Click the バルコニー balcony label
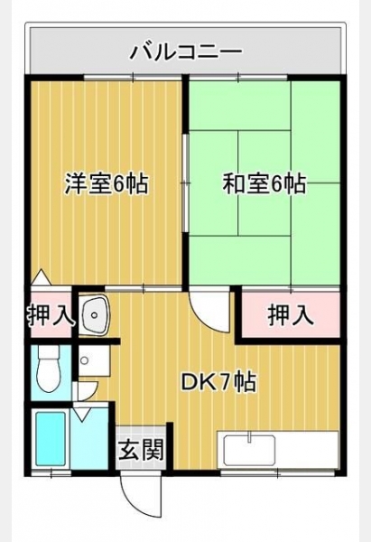pyautogui.click(x=186, y=52)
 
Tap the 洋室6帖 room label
pyautogui.click(x=107, y=183)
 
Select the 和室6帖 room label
pyautogui.click(x=264, y=183)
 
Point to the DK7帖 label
pyautogui.click(x=219, y=383)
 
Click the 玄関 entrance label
pyautogui.click(x=141, y=449)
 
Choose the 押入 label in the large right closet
pyautogui.click(x=291, y=314)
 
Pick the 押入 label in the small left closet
pyautogui.click(x=51, y=314)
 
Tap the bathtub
pyautogui.click(x=51, y=440)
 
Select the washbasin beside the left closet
pyautogui.click(x=94, y=314)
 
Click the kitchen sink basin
pyautogui.click(x=249, y=450)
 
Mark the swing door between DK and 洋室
pyautogui.click(x=210, y=311)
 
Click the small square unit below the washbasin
pyautogui.click(x=94, y=361)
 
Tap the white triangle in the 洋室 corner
pyautogui.click(x=42, y=277)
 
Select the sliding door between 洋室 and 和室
pyautogui.click(x=186, y=183)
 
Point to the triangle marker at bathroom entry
pyautogui.click(x=81, y=414)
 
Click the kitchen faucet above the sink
pyautogui.click(x=249, y=436)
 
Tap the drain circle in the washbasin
pyautogui.click(x=93, y=315)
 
